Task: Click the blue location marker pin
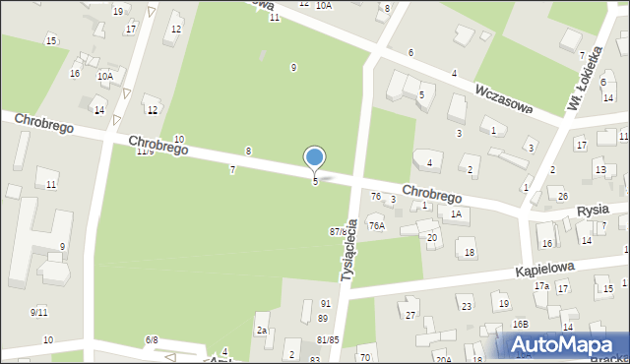(x=315, y=158)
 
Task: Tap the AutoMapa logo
(x=565, y=344)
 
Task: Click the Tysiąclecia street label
(x=348, y=250)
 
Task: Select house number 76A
(x=376, y=225)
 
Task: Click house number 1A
(x=455, y=213)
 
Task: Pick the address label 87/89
(x=340, y=231)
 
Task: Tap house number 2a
(x=262, y=331)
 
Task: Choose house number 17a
(x=541, y=286)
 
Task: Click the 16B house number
(x=520, y=324)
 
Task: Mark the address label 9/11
(x=38, y=312)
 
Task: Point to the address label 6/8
(x=152, y=339)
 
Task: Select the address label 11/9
(x=145, y=152)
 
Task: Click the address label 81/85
(x=328, y=340)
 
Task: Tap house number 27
(x=410, y=315)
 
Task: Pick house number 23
(x=465, y=307)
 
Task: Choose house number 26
(x=563, y=196)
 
